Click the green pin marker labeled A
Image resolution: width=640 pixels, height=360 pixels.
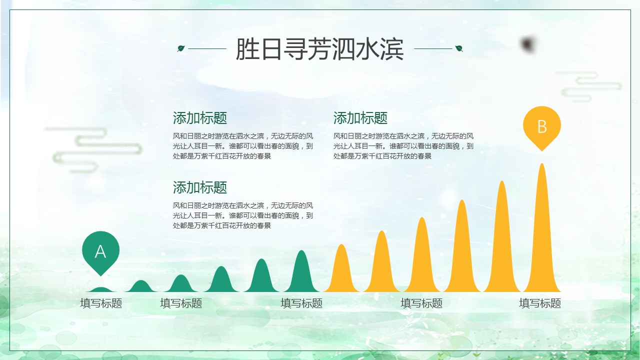100,251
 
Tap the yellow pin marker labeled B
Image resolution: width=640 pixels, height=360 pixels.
542,126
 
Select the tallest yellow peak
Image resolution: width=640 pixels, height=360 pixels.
542,228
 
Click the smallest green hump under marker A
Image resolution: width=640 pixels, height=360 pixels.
100,289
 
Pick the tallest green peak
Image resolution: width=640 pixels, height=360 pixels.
301,271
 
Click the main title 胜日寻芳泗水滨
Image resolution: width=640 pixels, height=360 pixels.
319,49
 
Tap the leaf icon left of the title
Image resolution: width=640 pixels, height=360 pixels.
181,48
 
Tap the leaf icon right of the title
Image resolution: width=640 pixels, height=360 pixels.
459,48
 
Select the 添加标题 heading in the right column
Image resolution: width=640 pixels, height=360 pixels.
360,118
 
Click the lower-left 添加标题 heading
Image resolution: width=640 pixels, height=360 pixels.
199,187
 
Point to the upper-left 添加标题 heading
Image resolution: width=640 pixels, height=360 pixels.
199,118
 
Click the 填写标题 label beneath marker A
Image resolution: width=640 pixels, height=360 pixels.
101,303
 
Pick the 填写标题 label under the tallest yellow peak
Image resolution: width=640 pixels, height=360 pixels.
540,303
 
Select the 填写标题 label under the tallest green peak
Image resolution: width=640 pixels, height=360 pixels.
301,303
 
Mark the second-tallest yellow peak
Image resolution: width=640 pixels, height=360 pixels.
502,237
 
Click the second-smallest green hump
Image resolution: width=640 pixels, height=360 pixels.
140,286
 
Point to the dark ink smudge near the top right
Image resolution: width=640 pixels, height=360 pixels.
527,44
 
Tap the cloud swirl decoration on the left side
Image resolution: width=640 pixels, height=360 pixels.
93,149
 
